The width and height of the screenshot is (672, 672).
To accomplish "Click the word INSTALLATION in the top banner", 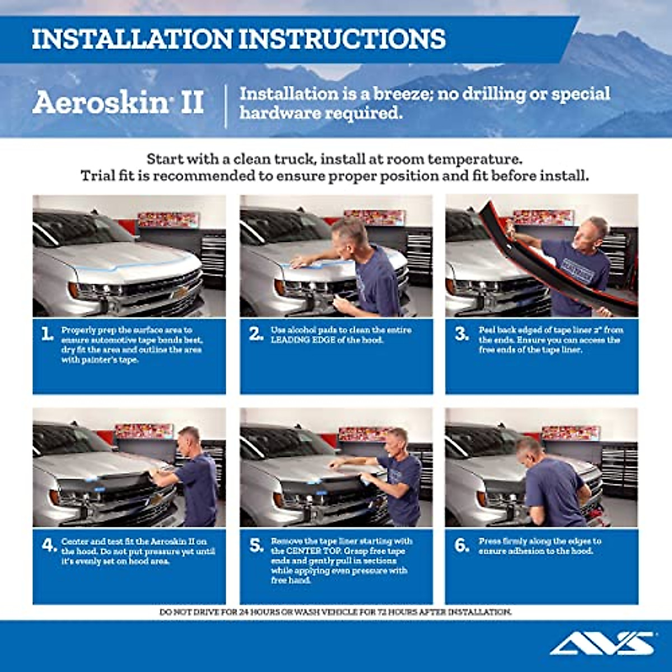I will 132,39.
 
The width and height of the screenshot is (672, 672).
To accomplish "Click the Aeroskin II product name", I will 118,103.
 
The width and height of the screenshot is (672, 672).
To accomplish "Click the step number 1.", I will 48,334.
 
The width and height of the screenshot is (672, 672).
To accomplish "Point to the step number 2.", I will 256,334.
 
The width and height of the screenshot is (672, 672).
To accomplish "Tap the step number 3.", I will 461,334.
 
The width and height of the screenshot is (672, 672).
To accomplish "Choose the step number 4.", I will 49,545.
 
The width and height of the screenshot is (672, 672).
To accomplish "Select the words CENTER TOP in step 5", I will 306,550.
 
